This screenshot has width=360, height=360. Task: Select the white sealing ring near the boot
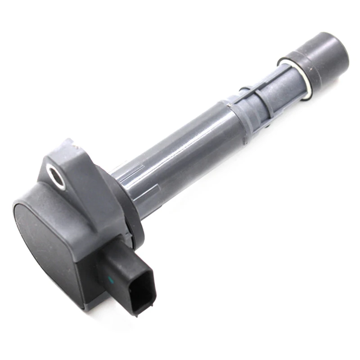295,79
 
